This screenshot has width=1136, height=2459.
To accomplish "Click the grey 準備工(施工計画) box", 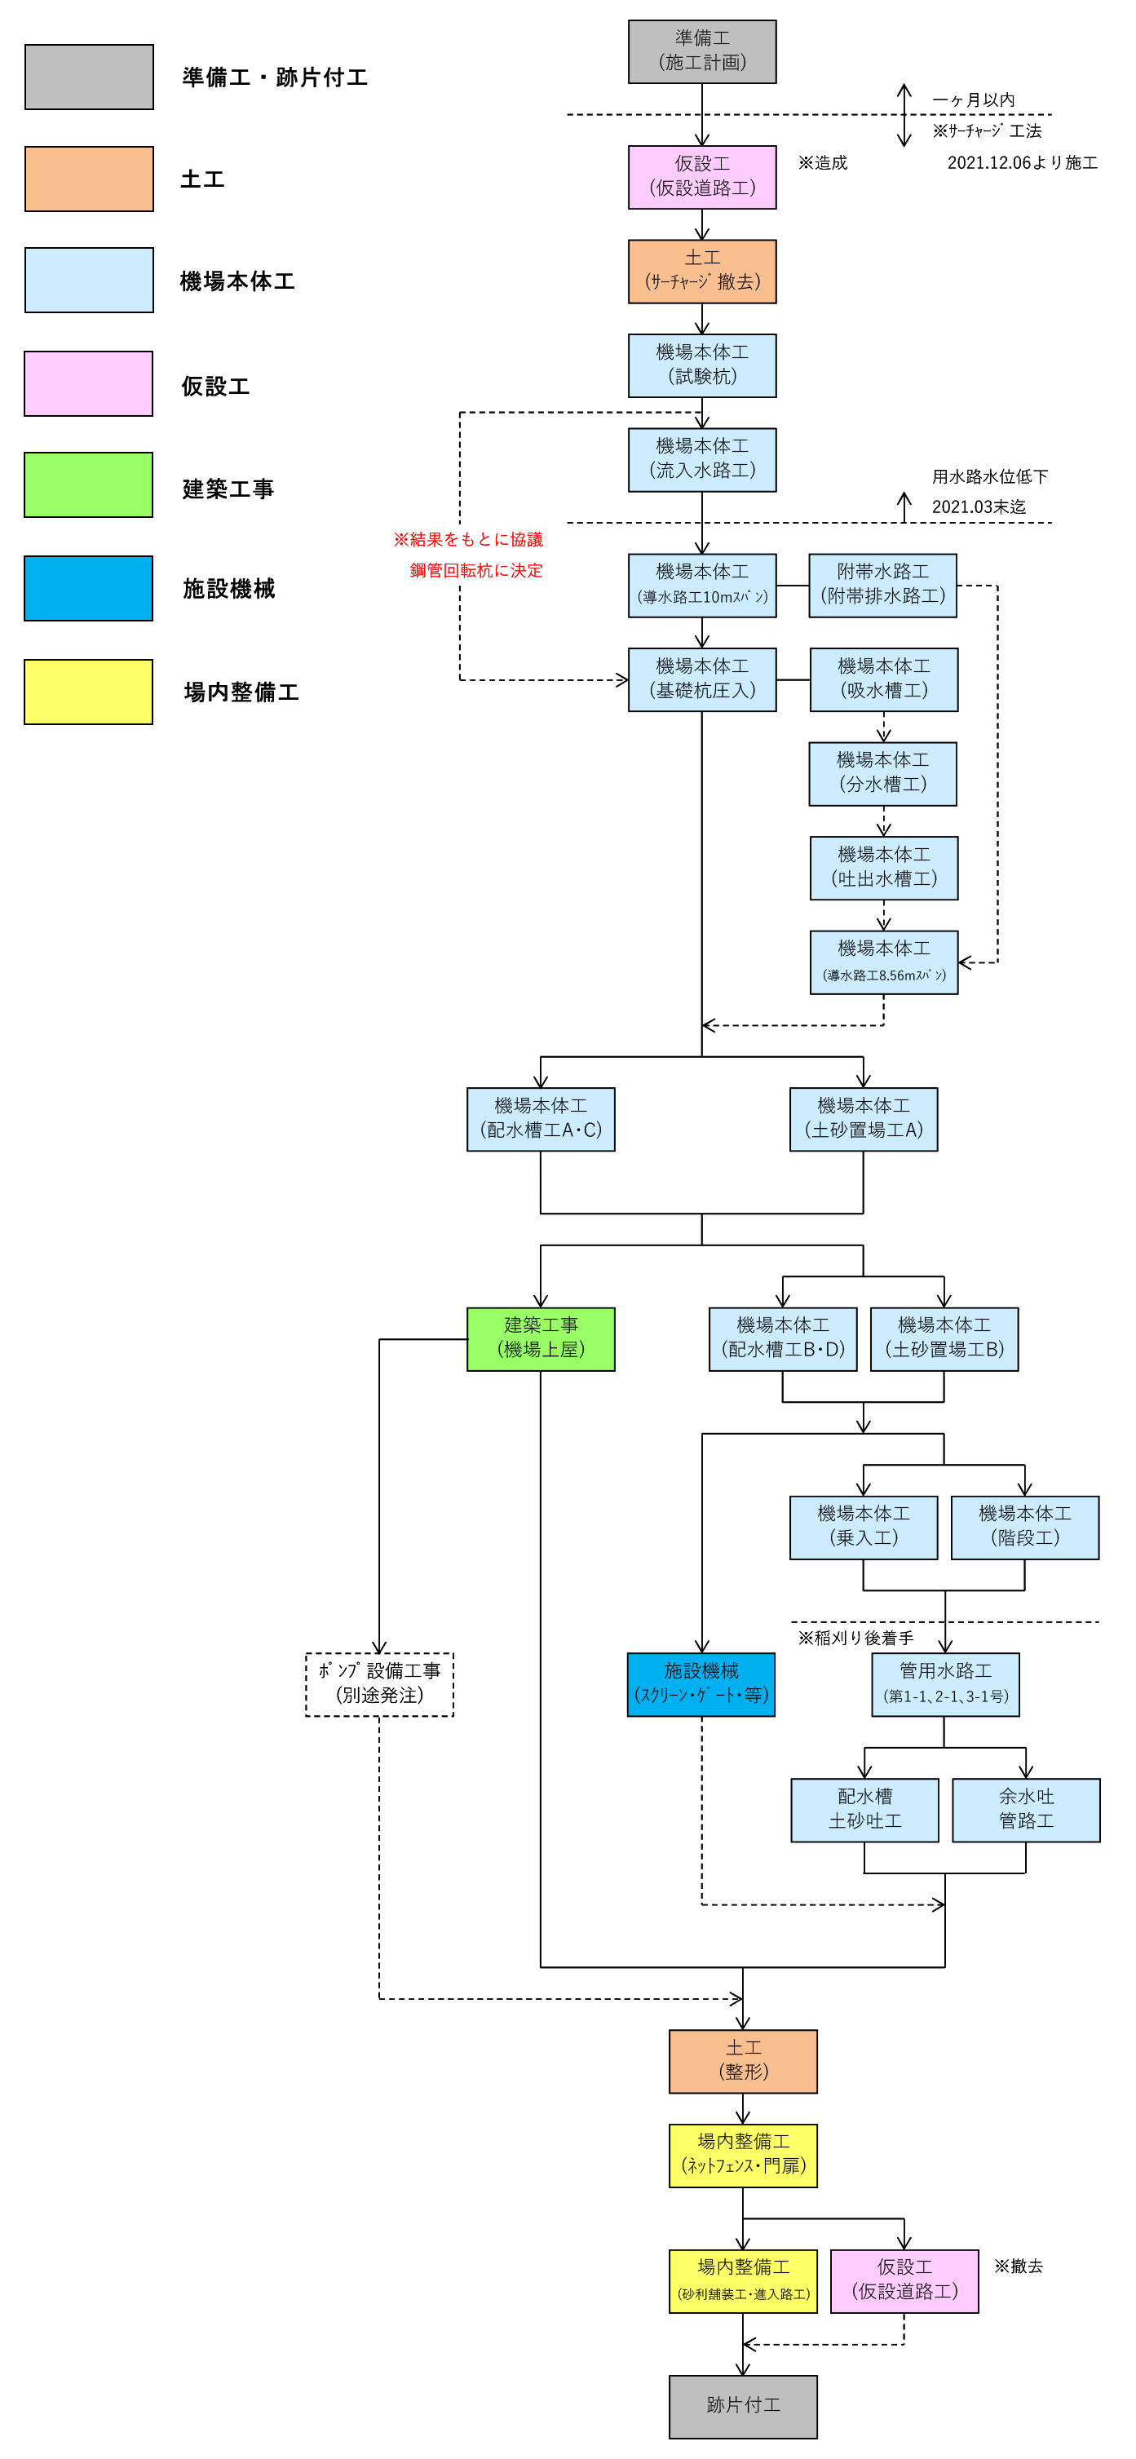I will (701, 51).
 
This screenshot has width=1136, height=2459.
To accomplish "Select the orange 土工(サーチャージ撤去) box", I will (701, 271).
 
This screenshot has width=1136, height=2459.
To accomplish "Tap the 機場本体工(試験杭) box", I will (701, 365).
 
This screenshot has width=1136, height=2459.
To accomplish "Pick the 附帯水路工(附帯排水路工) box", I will (882, 585).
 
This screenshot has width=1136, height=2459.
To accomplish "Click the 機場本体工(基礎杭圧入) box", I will (701, 679).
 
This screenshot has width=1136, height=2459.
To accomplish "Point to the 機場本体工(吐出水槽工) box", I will (884, 868).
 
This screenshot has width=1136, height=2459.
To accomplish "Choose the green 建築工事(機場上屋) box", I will (541, 1338).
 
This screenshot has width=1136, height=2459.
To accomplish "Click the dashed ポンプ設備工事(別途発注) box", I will (379, 1684).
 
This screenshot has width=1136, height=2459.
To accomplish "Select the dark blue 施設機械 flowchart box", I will (701, 1684).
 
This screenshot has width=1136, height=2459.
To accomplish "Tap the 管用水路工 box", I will (945, 1684).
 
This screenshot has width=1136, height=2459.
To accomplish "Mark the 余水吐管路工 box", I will (1026, 1809).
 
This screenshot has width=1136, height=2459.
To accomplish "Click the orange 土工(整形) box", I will (743, 2061).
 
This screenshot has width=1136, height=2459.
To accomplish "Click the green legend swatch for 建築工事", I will (89, 485).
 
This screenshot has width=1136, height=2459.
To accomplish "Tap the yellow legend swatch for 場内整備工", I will (89, 691).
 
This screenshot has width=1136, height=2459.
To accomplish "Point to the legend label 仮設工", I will (216, 386).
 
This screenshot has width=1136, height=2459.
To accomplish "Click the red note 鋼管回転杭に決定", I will (475, 570).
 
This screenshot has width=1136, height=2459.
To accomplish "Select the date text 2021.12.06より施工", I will (1022, 163).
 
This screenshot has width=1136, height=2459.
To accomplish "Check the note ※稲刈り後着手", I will (855, 1638).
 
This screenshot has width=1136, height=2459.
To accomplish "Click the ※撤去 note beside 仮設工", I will (1018, 2267).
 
